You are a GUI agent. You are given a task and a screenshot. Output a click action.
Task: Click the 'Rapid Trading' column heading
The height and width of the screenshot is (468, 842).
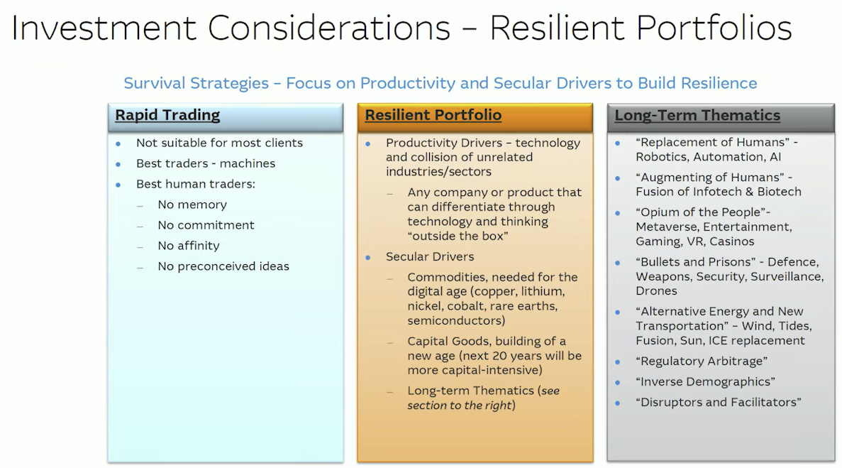pyautogui.click(x=167, y=115)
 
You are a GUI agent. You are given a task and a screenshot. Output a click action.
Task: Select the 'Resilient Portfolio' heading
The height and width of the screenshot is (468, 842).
pyautogui.click(x=433, y=115)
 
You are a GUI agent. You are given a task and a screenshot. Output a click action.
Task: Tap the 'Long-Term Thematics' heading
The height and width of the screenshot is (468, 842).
pyautogui.click(x=697, y=115)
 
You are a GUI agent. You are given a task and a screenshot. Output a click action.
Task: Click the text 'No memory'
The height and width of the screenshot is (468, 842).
pyautogui.click(x=192, y=205)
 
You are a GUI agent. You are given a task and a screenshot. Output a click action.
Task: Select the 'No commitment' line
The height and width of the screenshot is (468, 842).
pyautogui.click(x=206, y=225)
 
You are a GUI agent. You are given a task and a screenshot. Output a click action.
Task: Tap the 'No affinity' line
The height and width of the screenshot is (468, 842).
pyautogui.click(x=189, y=246)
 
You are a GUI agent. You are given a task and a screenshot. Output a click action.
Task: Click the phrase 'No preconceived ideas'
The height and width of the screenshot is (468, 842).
pyautogui.click(x=223, y=266)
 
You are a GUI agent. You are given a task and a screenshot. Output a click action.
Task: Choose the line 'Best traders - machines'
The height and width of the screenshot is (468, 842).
pyautogui.click(x=206, y=163)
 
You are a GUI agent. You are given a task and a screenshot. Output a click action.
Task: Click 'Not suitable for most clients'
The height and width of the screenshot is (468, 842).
pyautogui.click(x=220, y=143)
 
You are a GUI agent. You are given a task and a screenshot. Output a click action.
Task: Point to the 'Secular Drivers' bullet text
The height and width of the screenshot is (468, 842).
pyautogui.click(x=430, y=257)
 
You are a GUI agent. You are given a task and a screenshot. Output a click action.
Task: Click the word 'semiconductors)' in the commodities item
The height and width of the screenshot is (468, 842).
pyautogui.click(x=456, y=321)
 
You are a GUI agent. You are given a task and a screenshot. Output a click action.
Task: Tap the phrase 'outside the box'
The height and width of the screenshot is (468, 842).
pyautogui.click(x=458, y=236)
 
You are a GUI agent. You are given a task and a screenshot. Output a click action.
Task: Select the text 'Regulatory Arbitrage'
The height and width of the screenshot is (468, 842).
pyautogui.click(x=702, y=361)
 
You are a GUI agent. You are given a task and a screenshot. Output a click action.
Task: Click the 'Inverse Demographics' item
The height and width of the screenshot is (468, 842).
pyautogui.click(x=706, y=382)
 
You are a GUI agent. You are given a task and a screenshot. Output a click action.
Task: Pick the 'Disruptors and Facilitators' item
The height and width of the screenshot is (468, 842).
pyautogui.click(x=719, y=403)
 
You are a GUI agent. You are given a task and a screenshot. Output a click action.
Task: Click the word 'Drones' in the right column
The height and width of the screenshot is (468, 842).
pyautogui.click(x=656, y=290)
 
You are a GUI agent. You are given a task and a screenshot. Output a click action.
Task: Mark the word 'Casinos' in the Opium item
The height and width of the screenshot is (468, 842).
pyautogui.click(x=732, y=241)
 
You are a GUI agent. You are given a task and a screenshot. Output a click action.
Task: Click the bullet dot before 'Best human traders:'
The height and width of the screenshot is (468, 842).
pyautogui.click(x=118, y=185)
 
